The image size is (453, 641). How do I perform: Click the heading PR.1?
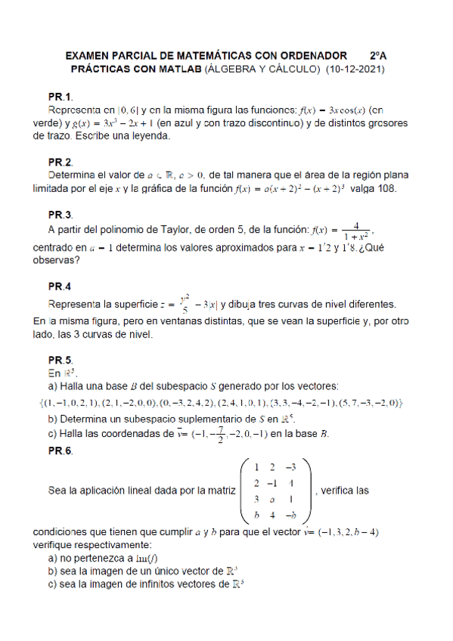pos(61,98)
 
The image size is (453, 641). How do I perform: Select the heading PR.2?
pos(61,163)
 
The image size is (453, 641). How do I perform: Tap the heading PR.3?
pos(61,215)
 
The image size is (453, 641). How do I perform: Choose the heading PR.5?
pos(61,360)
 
